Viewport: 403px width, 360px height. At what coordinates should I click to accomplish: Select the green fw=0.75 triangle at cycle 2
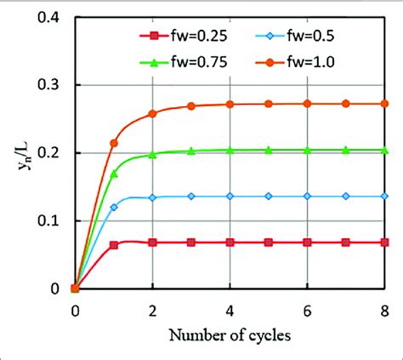pyautogui.click(x=152, y=155)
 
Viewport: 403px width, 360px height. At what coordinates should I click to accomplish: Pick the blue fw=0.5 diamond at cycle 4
pyautogui.click(x=230, y=196)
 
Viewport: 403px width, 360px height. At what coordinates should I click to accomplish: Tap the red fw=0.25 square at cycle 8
pyautogui.click(x=384, y=243)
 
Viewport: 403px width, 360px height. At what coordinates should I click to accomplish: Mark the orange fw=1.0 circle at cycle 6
pyautogui.click(x=307, y=104)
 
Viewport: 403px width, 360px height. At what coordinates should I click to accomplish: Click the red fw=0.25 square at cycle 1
pyautogui.click(x=114, y=245)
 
